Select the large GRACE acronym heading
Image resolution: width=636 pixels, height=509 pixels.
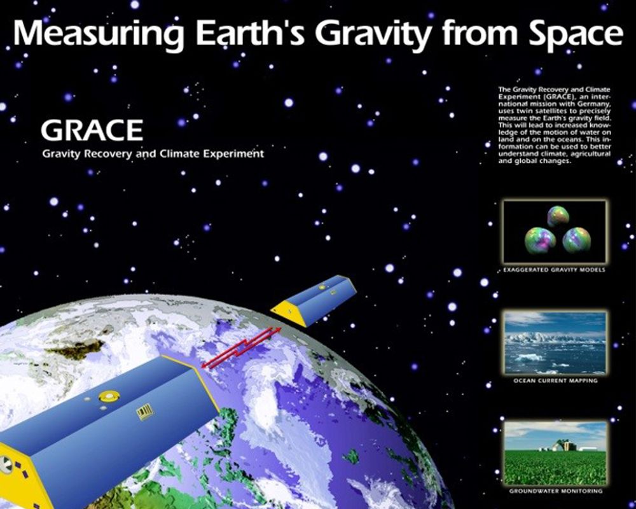coord(92,130)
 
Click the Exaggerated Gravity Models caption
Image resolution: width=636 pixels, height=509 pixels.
coord(554,270)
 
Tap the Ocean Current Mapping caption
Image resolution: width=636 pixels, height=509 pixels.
coord(555,380)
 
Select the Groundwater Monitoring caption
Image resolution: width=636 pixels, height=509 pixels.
coord(556,491)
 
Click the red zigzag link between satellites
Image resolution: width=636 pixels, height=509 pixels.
coord(241,347)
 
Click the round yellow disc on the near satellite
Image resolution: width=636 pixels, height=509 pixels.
coord(109,395)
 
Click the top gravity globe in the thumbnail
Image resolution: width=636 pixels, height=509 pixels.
coord(558,216)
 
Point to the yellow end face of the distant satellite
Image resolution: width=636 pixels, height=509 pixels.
coord(289,311)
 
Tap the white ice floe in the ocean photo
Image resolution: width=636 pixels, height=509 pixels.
coord(529,357)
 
